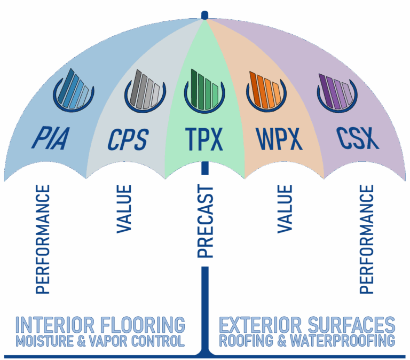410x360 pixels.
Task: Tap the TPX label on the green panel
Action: (205, 139)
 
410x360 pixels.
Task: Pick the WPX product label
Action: (279, 139)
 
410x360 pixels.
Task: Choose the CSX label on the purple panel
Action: (358, 138)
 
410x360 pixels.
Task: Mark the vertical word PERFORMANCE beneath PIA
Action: (43, 239)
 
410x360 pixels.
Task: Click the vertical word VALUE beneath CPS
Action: (124, 209)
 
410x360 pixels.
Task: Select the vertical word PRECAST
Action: (206, 222)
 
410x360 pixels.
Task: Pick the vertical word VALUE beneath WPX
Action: (285, 209)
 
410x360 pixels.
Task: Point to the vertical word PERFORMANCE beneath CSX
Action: (367, 239)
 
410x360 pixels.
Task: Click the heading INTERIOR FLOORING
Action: (100, 325)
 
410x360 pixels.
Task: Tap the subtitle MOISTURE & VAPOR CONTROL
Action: (100, 341)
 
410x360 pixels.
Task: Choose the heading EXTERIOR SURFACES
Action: (307, 325)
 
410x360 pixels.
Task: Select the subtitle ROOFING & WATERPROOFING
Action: (307, 341)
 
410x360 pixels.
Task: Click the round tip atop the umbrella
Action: (204, 14)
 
